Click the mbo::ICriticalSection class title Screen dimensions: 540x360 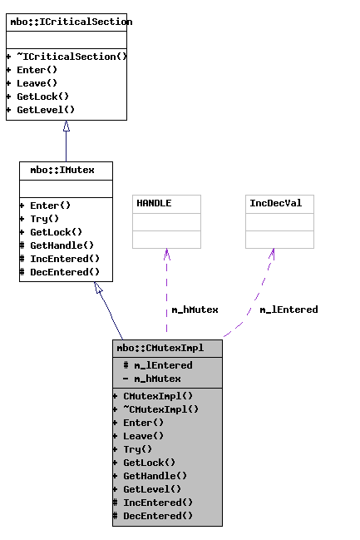[66, 22]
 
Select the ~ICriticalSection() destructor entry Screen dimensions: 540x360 [67, 57]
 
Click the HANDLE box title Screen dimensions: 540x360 [155, 203]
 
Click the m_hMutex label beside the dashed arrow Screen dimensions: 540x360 [195, 310]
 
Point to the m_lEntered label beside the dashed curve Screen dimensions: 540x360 [288, 310]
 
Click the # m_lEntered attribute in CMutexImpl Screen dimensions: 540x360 [157, 365]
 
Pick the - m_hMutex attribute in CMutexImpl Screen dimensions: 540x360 [151, 379]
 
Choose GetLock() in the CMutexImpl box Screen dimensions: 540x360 [149, 463]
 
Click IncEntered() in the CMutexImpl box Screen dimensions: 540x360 [157, 503]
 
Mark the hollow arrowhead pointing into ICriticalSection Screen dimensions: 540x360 [66, 126]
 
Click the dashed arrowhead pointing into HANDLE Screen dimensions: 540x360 [166, 254]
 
